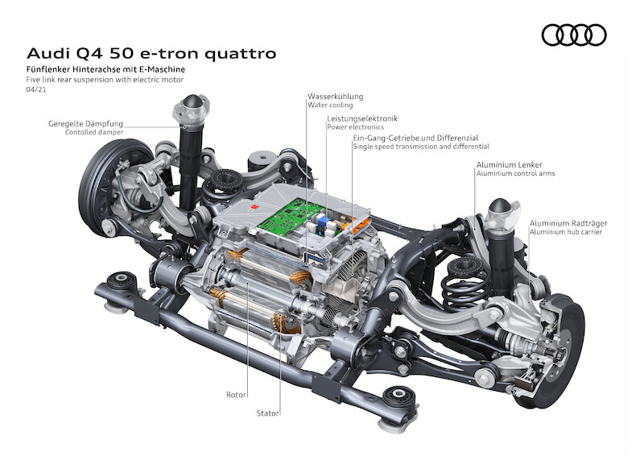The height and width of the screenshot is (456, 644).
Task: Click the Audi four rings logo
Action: [x=573, y=35]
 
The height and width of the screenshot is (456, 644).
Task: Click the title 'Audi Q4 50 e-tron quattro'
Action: [x=151, y=54]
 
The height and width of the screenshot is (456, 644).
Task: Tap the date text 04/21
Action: [x=35, y=90]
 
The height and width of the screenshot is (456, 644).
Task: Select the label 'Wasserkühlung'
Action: [x=335, y=96]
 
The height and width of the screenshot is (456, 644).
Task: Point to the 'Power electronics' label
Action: [x=355, y=127]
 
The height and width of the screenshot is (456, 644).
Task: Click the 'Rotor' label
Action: [x=236, y=395]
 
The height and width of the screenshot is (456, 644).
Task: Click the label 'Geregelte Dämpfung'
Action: [x=85, y=123]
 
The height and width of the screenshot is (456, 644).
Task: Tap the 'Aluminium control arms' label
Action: [x=515, y=173]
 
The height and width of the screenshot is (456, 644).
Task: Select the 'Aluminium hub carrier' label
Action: [x=565, y=232]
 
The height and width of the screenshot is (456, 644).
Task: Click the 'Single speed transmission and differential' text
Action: [x=420, y=147]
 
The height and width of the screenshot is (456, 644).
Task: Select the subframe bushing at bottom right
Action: [x=400, y=398]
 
